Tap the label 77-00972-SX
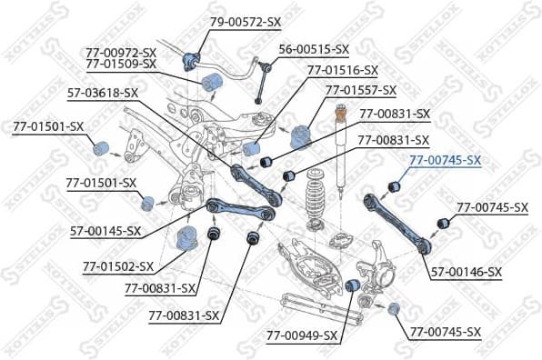pos(121,53)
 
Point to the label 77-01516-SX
pos(342,69)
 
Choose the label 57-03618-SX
pos(103,92)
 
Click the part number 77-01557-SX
pos(361,90)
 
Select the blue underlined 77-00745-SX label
pos(445,160)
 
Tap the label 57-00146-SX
pos(466,272)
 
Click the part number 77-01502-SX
pos(118,267)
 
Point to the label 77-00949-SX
pos(302,335)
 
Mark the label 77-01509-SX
pos(121,65)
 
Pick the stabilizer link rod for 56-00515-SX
pos(260,83)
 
